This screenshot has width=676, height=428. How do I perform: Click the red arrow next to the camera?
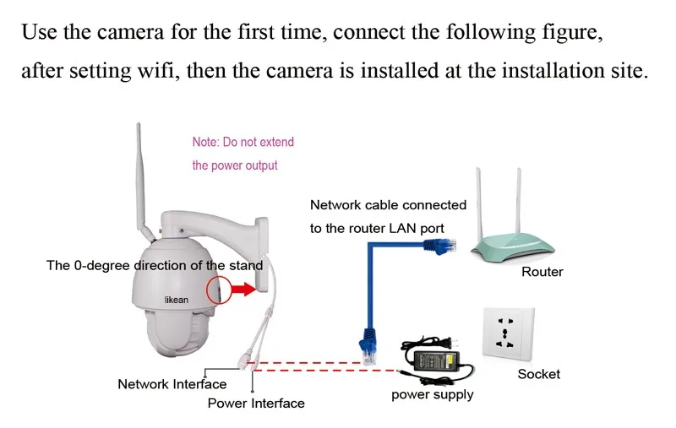pos(244,289)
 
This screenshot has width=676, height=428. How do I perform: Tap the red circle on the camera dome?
pos(207,289)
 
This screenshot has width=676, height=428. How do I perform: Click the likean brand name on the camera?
pos(177,300)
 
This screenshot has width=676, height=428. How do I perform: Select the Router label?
pos(542,272)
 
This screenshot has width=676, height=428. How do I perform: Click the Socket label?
pos(538,374)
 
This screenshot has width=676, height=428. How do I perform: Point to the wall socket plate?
pos(509,333)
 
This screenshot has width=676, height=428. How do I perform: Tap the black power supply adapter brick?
pos(436,359)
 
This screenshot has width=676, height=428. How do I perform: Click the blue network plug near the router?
pos(440,246)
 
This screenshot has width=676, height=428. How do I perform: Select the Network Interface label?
pos(172,384)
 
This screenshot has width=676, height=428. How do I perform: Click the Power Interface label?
pos(256,403)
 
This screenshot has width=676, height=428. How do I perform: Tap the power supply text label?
pos(433,395)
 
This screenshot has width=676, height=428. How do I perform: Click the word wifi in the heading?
pos(158,70)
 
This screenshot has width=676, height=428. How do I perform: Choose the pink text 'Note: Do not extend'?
pos(243,142)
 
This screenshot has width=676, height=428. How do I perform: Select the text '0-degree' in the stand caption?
pos(101,266)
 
